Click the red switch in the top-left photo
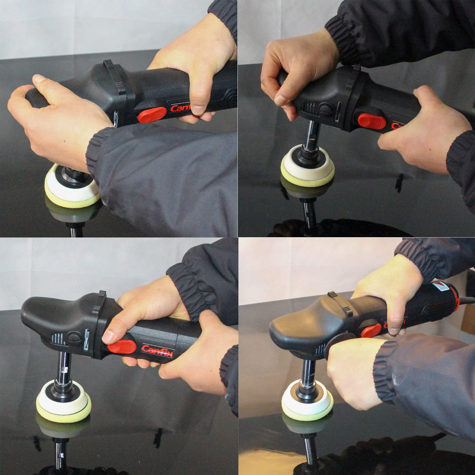[x=152, y=115]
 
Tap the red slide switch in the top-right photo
[x=372, y=121]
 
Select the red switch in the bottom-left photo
[x=122, y=346]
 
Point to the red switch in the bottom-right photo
[x=371, y=331]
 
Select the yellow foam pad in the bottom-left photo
[x=63, y=413]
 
